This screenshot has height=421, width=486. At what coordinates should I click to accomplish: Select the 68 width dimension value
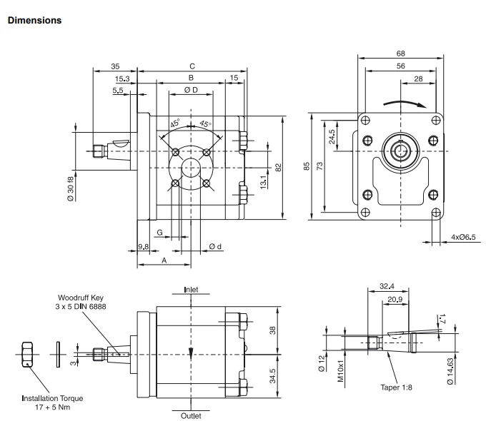401,53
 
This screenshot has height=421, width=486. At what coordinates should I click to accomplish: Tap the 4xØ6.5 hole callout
465,237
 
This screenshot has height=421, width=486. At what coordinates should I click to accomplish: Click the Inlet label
192,290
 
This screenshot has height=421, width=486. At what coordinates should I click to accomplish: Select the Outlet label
192,415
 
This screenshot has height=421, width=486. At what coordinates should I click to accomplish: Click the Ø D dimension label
190,89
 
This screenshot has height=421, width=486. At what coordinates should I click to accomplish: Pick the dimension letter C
191,66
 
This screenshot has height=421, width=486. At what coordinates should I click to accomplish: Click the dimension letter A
164,261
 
